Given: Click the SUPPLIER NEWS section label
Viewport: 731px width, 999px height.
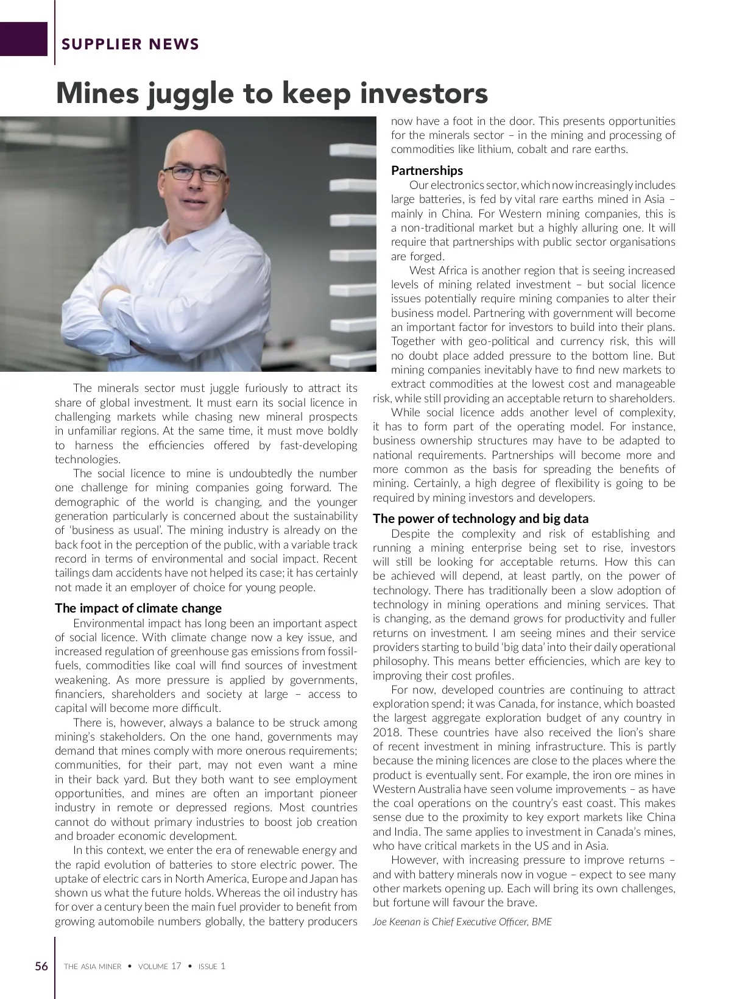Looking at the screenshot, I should (130, 44).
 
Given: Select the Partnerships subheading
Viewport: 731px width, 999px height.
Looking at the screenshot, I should (426, 171).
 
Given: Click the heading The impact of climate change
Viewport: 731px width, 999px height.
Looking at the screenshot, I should (138, 608).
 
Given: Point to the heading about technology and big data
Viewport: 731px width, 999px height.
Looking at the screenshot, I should (480, 519).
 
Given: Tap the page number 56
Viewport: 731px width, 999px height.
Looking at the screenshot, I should (41, 966).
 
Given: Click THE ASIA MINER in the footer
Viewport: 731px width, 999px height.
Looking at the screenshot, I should (93, 967).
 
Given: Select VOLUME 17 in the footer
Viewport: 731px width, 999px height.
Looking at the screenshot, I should (160, 967).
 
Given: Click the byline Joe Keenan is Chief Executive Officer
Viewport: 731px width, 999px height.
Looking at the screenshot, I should (462, 922).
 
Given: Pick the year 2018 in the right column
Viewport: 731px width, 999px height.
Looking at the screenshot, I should (386, 733).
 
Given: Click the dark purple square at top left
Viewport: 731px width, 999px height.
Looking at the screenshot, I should (23, 39).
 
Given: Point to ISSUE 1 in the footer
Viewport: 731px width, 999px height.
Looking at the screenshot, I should (212, 967).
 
